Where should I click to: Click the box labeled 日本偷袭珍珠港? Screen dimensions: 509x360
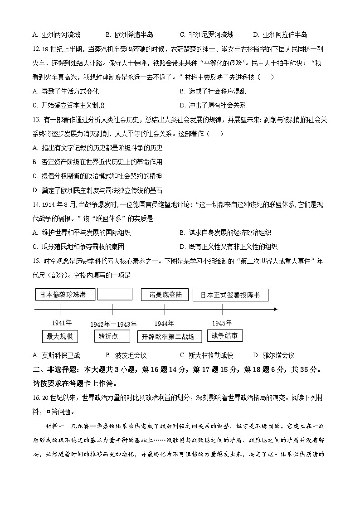66,295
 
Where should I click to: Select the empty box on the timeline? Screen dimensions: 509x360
115,294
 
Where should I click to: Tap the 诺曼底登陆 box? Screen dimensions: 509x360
165,295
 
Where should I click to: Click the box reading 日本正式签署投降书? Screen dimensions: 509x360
230,295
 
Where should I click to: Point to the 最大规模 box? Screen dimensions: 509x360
60,336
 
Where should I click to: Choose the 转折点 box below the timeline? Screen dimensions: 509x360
108,336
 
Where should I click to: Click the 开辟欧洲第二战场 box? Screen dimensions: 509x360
168,336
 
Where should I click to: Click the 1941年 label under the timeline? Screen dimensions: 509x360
62,323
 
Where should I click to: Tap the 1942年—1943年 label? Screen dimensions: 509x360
113,324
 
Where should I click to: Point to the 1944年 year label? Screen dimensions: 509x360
164,323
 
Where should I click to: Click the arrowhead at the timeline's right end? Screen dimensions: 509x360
275,309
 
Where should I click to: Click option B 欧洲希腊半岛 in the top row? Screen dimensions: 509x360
129,34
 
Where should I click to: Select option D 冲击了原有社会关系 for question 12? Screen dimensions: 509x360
213,105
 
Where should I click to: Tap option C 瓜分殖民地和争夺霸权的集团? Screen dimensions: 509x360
78,247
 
